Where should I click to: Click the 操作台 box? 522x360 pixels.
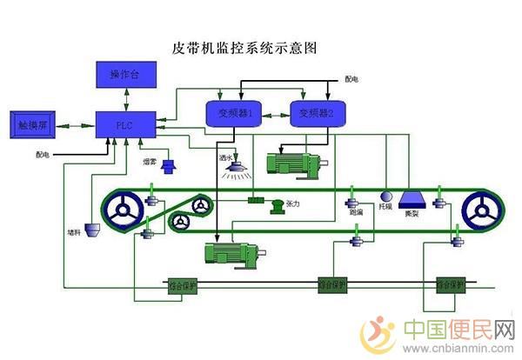(121, 76)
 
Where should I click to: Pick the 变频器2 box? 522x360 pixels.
(323, 113)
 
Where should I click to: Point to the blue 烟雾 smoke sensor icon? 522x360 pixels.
(167, 165)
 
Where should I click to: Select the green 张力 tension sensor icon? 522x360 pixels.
(276, 205)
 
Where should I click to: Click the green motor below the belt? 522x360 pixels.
(229, 252)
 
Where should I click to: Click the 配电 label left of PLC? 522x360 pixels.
(43, 155)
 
